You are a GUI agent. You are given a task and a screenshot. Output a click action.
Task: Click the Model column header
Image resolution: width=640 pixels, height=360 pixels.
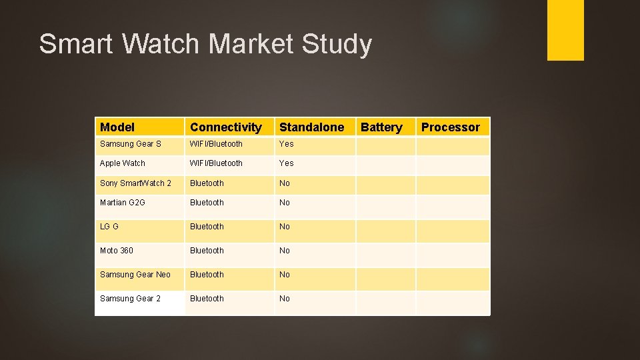tap(117, 127)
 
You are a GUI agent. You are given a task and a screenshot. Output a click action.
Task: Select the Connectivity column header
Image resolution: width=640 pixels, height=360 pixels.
tap(226, 127)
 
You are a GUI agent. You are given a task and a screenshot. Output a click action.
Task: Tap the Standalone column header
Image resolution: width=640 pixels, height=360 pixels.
tap(311, 127)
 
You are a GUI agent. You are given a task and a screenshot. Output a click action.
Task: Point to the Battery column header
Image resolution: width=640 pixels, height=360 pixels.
tap(381, 127)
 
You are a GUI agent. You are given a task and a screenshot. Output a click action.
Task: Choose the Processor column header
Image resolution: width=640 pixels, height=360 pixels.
tap(450, 127)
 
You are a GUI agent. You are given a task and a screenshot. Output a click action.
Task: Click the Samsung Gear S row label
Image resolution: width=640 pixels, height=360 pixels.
tap(131, 144)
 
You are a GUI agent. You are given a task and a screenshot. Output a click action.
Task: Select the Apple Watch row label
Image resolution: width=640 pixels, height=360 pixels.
tap(123, 163)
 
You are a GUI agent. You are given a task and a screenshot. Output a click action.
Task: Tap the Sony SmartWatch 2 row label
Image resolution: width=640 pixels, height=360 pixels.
tap(135, 183)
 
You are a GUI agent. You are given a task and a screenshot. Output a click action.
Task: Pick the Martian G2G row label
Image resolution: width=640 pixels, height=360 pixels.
tap(123, 203)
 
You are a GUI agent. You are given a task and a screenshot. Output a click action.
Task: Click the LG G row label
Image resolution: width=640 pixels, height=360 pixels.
tap(109, 227)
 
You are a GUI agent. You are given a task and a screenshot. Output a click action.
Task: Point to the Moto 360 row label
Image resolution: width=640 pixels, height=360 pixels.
tap(117, 251)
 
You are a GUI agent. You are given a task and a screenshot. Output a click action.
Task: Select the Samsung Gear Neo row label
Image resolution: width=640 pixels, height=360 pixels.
tap(135, 275)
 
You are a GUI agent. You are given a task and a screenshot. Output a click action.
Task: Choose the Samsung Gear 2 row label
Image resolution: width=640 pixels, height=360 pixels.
tap(130, 299)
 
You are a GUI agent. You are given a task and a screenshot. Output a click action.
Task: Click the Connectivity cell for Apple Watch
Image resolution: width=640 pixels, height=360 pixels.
tap(216, 163)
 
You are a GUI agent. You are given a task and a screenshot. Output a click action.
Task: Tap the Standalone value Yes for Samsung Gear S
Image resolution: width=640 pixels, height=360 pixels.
tap(286, 144)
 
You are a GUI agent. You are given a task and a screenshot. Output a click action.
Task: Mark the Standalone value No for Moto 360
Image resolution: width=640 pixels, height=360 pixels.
tap(285, 251)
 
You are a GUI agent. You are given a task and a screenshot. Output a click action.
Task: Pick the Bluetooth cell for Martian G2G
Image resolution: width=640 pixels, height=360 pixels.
tap(207, 203)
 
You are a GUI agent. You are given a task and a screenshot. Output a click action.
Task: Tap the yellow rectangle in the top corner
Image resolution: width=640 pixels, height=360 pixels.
tap(565, 29)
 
